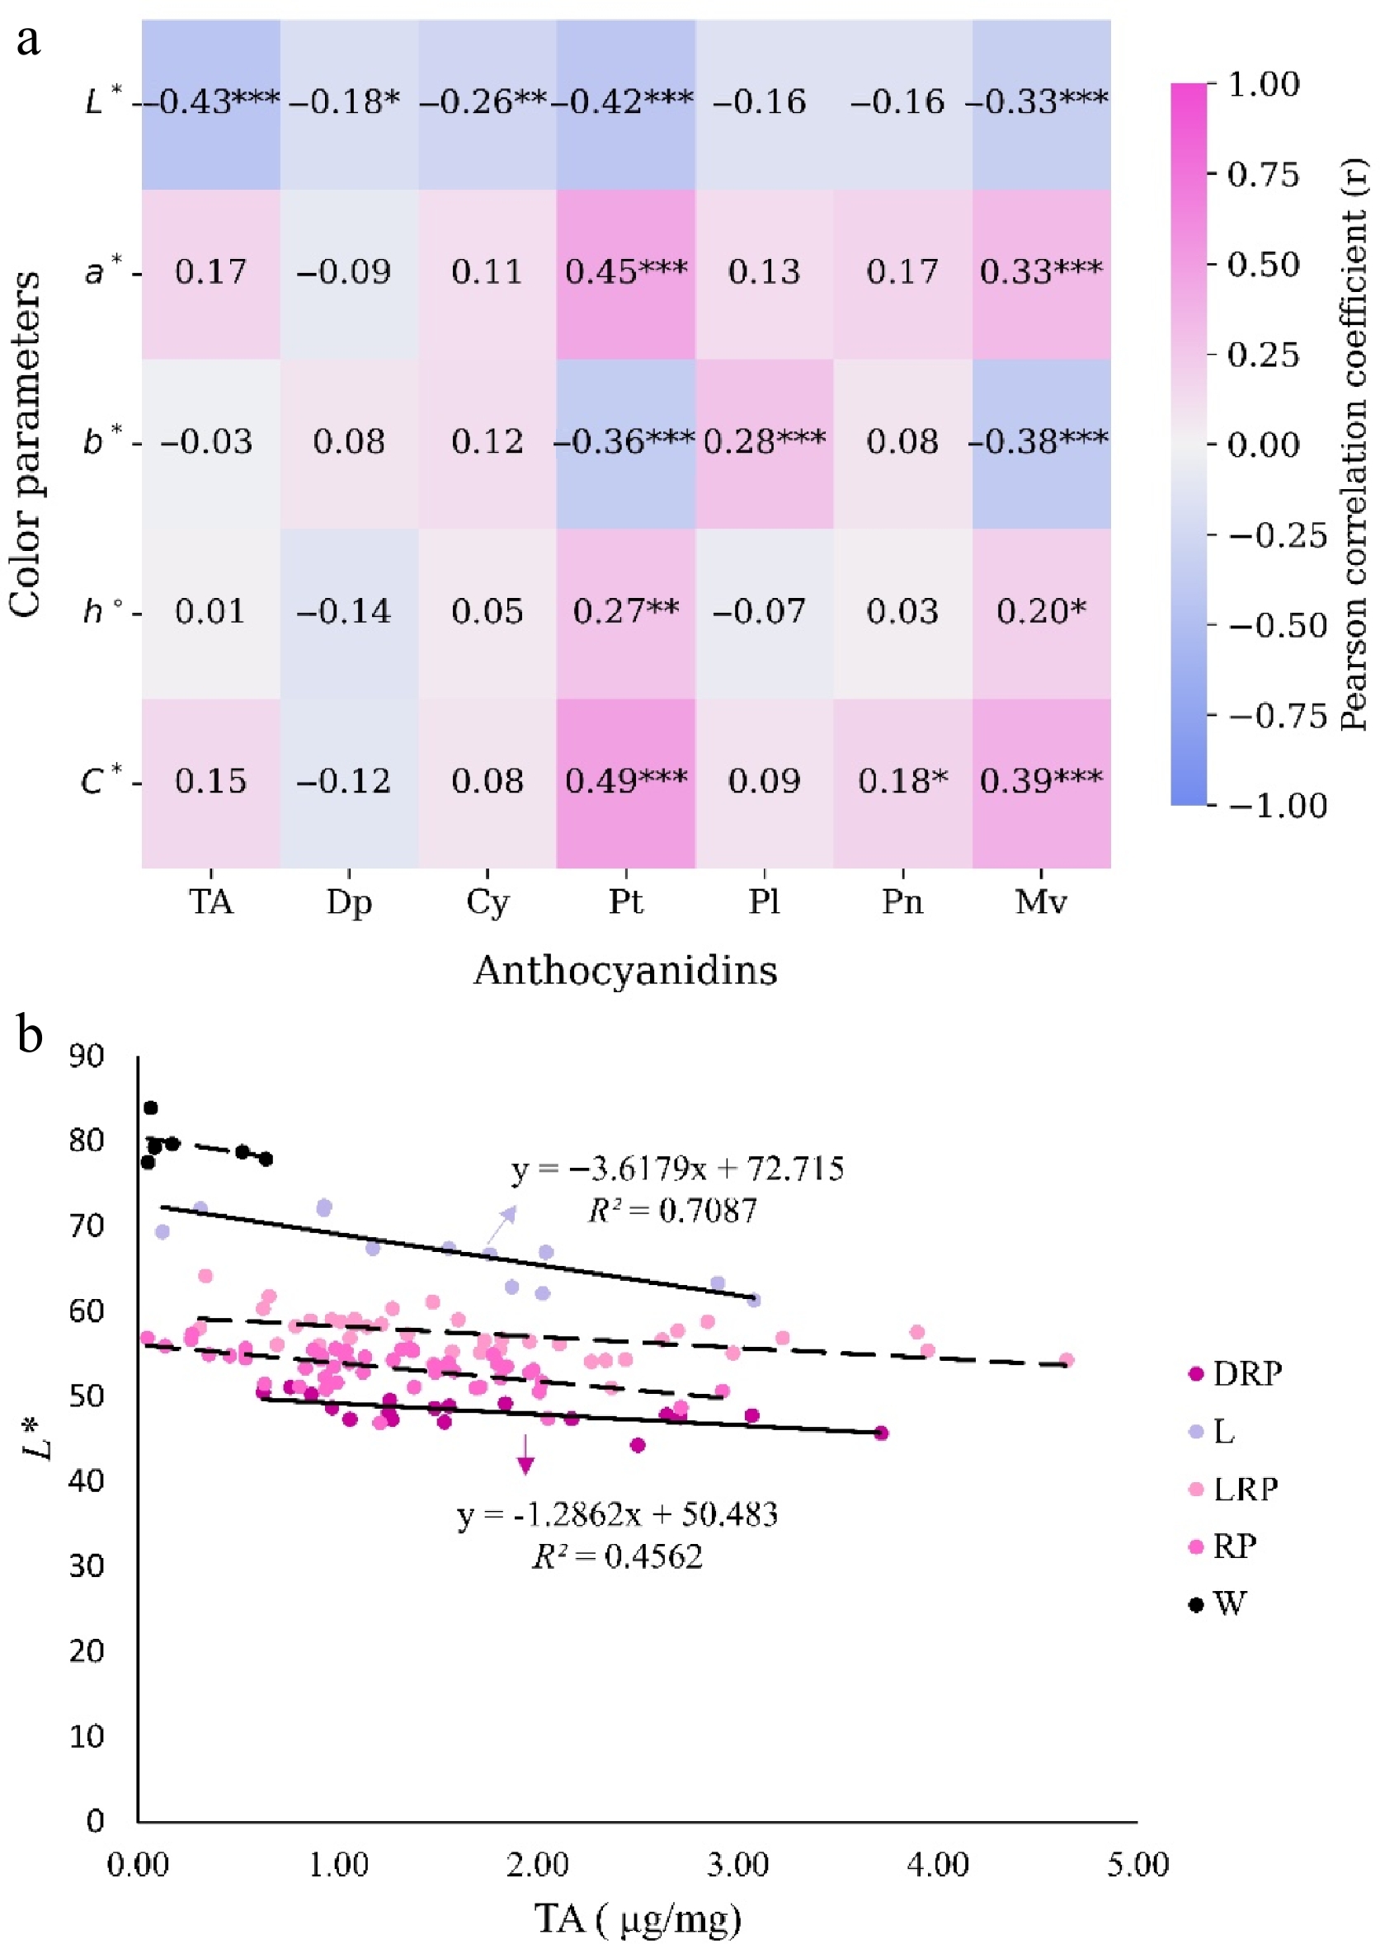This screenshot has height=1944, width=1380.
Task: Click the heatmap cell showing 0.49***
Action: [626, 783]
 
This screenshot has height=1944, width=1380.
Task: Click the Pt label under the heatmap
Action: [626, 901]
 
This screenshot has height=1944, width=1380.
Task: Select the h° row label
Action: [104, 611]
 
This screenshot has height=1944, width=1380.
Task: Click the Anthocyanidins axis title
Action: [625, 970]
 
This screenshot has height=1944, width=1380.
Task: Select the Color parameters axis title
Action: [25, 445]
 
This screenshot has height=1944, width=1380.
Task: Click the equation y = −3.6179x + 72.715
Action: [677, 1169]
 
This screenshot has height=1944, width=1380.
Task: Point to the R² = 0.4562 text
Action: [618, 1556]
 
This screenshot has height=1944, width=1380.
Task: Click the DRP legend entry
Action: [1236, 1374]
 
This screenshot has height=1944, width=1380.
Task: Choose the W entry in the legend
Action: [1218, 1604]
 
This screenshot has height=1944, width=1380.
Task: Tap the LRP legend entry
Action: [1234, 1489]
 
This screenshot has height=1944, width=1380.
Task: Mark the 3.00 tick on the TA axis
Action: [737, 1865]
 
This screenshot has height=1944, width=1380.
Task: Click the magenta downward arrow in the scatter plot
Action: [526, 1454]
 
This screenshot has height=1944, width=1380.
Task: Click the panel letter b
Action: [30, 1034]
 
